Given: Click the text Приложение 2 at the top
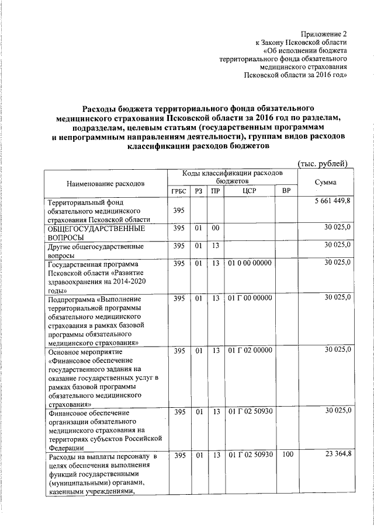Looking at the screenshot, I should tap(325, 34).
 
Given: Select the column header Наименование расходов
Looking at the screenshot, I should tap(105, 183).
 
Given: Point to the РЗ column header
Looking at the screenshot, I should tap(199, 191).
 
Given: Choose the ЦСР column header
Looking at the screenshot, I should tap(249, 191).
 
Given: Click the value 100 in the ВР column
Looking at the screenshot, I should tap(287, 454).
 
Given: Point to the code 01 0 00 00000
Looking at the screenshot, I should tap(250, 263).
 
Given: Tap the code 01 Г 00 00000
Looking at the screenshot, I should tap(250, 298).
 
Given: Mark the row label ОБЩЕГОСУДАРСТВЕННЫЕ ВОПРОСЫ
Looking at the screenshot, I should tap(96, 233).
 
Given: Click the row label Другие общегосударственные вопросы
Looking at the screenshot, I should tap(95, 251).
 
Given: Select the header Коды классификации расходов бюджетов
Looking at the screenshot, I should tap(232, 177).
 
